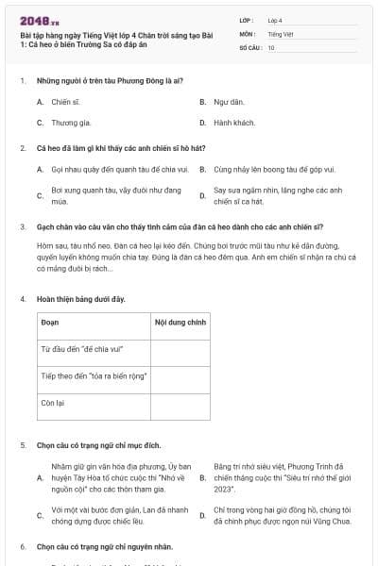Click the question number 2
(x=22, y=148)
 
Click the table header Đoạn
(x=51, y=322)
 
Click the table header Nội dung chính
(x=180, y=322)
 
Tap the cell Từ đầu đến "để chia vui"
(x=79, y=349)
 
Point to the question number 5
(x=22, y=444)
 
